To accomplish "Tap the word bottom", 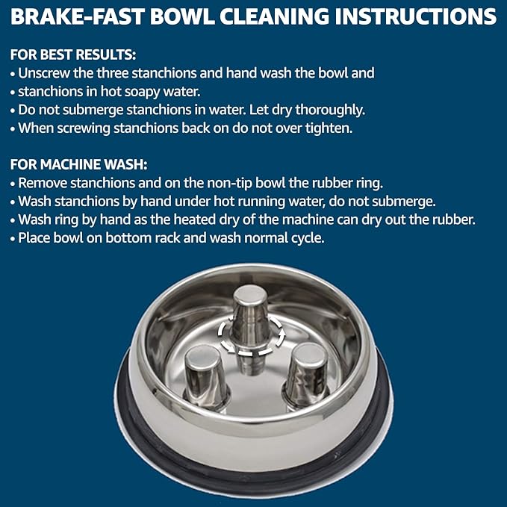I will click(x=130, y=237).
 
